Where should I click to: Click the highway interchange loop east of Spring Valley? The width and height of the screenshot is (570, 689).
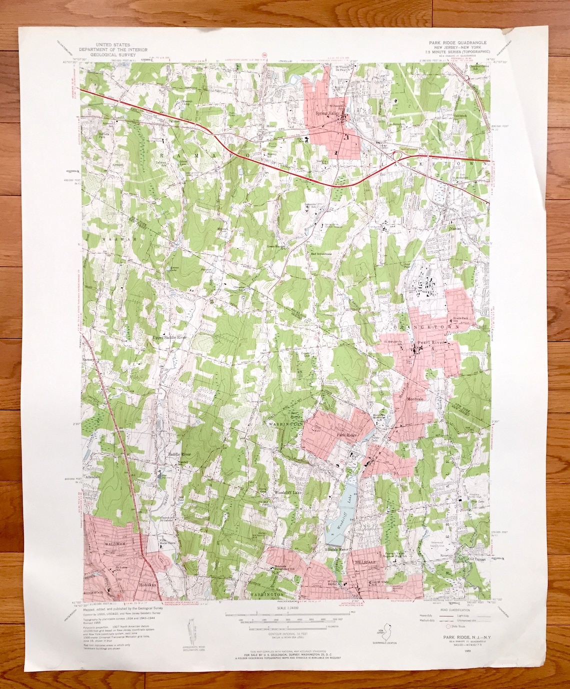pos(398,156)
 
